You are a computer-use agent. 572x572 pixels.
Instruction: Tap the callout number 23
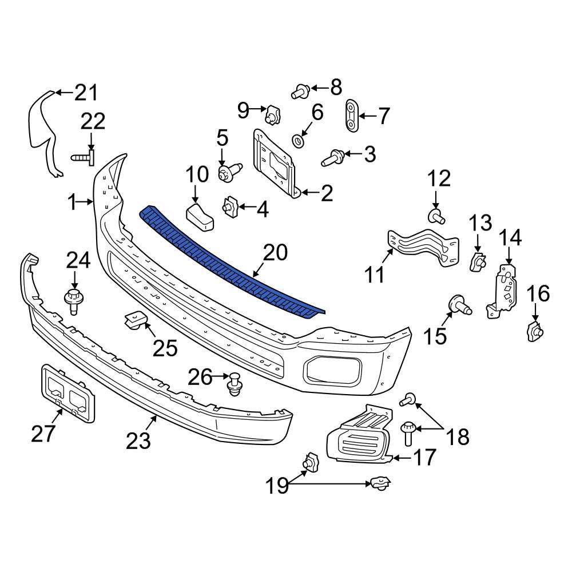click(x=138, y=440)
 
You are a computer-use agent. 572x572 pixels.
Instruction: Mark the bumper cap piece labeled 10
click(x=199, y=217)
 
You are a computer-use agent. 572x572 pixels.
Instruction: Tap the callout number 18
click(x=458, y=437)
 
